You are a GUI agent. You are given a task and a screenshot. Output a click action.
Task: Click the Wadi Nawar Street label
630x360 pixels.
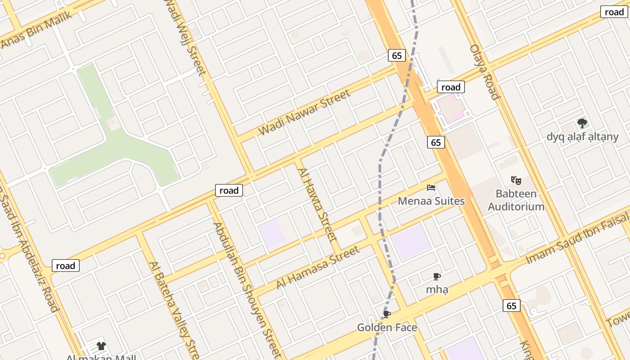(305, 112)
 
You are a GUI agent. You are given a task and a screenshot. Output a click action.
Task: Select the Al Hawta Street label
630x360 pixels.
(317, 204)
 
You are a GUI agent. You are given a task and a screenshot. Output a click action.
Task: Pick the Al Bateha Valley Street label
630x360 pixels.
(175, 310)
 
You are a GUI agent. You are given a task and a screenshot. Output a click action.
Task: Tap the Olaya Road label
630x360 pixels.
(485, 72)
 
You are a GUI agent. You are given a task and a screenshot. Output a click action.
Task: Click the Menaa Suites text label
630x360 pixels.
(431, 201)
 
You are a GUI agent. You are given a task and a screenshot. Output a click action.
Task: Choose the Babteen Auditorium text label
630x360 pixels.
(516, 200)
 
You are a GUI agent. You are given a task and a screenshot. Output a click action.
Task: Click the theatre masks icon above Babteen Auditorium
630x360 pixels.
(516, 180)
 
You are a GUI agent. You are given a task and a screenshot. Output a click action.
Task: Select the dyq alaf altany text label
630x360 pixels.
(582, 136)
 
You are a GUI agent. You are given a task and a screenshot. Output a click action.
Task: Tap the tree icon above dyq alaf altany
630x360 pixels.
(582, 123)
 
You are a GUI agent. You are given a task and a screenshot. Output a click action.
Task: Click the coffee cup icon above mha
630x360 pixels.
(436, 276)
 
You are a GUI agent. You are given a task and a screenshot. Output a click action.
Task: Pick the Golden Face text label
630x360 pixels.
(387, 328)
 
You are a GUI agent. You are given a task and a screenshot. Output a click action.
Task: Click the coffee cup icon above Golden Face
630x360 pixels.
(387, 314)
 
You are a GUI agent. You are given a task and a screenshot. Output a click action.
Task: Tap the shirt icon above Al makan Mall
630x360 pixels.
(101, 346)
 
